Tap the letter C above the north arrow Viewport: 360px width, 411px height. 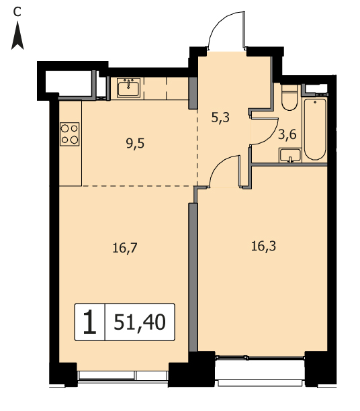pos(17,12)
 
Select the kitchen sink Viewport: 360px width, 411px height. pos(128,87)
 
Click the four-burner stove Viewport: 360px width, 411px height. pos(69,134)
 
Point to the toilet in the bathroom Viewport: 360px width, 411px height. pos(289,97)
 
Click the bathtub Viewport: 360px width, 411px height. pos(315,129)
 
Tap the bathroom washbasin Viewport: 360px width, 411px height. pos(290,155)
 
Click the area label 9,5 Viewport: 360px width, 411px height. pos(135,144)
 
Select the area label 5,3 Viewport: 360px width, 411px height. pos(220,118)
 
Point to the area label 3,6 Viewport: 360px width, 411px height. pos(287,134)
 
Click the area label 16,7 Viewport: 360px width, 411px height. pos(125,248)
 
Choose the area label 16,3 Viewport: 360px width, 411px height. pos(263,246)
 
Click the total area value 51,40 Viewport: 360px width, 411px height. pos(140,322)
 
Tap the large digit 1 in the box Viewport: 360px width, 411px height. pos(90,322)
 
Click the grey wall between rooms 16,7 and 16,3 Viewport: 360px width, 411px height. pos(193,277)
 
